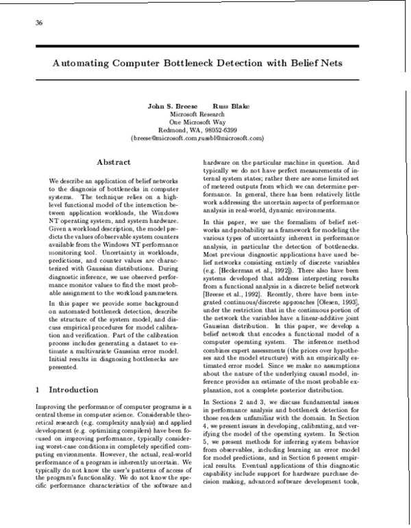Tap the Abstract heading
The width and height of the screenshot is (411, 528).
[x=114, y=162]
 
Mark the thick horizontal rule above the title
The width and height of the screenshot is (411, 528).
[x=206, y=45]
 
